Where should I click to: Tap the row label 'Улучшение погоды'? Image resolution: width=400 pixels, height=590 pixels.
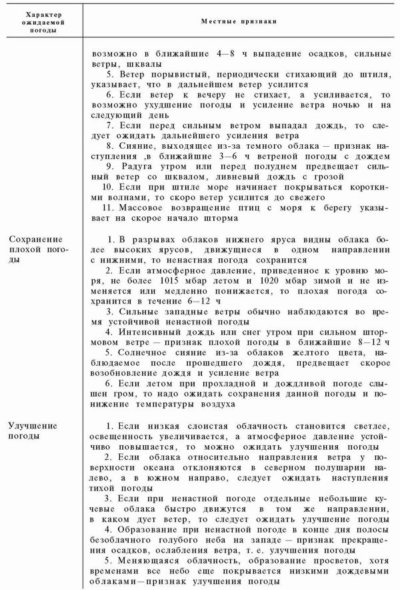pos(37,431)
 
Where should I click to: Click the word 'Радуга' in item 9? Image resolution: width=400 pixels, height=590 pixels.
pos(138,166)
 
